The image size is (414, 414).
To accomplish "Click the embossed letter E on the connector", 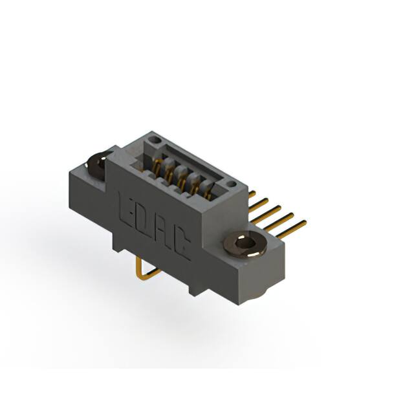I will (x=127, y=206).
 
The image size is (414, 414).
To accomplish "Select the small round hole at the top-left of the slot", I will (x=153, y=139).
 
